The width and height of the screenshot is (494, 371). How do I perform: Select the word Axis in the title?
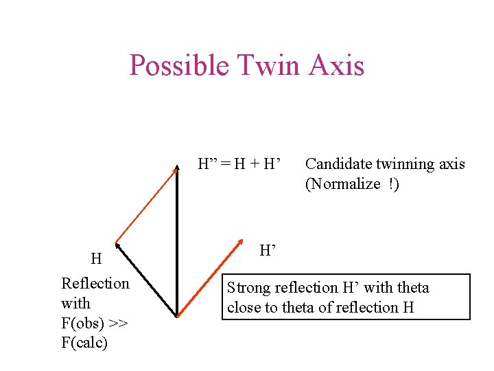[x=337, y=67]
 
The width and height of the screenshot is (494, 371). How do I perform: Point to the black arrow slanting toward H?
[x=145, y=279]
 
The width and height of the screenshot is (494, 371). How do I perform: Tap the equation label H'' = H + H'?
[x=240, y=164]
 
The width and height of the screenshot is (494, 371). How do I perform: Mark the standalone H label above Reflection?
[x=96, y=259]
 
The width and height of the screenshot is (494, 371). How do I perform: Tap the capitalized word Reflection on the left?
[x=95, y=283]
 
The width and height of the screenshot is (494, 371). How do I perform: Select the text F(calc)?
[x=84, y=342]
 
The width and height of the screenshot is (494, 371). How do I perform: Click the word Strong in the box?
[x=248, y=288]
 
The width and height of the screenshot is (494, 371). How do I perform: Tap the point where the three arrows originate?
[x=177, y=316]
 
